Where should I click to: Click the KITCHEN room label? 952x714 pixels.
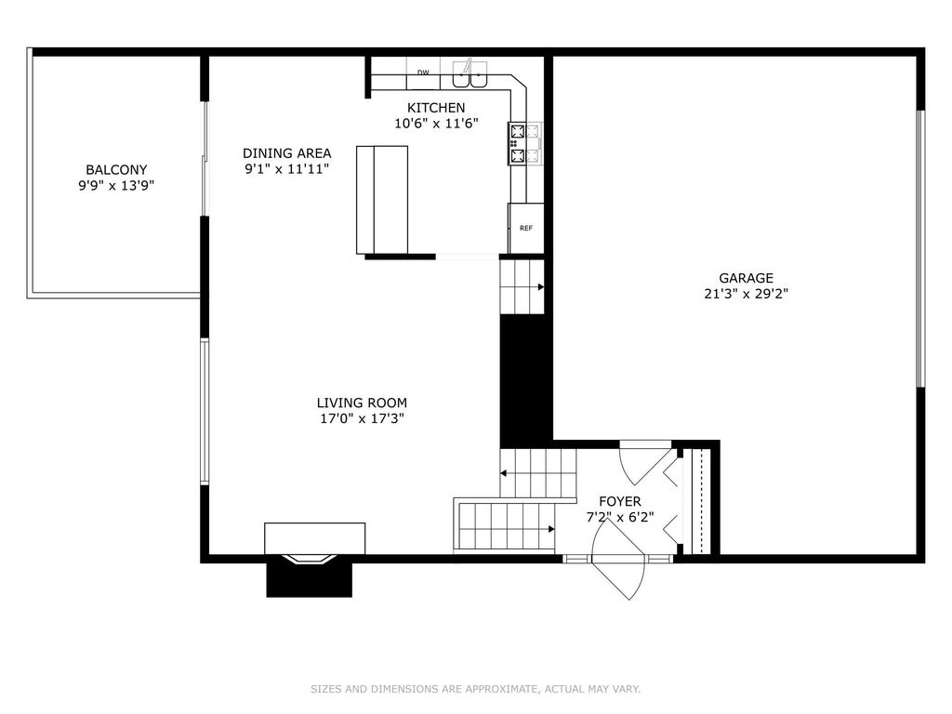point(436,108)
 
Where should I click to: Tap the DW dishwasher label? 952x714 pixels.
point(423,73)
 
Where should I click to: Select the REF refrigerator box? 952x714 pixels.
point(526,228)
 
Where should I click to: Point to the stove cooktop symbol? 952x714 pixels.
point(518,143)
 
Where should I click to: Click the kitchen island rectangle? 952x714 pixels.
point(382,200)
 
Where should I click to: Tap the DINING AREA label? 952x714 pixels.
point(286,153)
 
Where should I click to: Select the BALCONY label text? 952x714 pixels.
point(116,170)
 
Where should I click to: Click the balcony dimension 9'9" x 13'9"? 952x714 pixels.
point(116,186)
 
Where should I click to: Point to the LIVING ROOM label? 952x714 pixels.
point(362,403)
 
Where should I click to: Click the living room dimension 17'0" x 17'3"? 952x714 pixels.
point(362,418)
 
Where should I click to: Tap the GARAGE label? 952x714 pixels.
point(747,278)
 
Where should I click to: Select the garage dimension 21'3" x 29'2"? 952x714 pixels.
point(747,294)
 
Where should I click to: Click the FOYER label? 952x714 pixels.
point(620,501)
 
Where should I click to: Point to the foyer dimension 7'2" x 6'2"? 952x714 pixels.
point(620,517)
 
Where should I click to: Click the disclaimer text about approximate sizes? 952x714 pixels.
point(475,689)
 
